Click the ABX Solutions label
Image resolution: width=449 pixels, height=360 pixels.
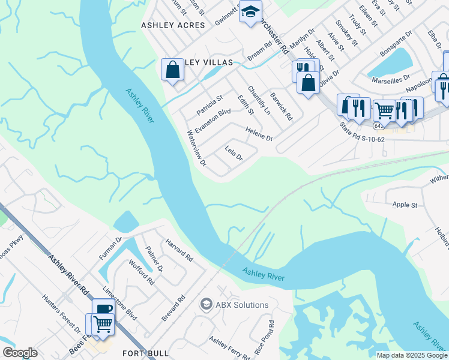pyautogui.click(x=242, y=305)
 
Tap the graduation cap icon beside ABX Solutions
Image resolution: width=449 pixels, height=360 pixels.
pyautogui.click(x=206, y=305)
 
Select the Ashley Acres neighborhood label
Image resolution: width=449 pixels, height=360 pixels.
pyautogui.click(x=173, y=25)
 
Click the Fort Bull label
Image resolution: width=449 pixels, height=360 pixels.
pyautogui.click(x=140, y=353)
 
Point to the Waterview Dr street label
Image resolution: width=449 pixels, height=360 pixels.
pyautogui.click(x=197, y=148)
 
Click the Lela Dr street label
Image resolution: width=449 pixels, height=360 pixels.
pyautogui.click(x=234, y=154)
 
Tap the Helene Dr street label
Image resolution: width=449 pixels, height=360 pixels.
pyautogui.click(x=259, y=133)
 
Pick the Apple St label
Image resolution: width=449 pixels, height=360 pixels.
pyautogui.click(x=405, y=205)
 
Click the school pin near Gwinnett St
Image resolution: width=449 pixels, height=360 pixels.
pyautogui.click(x=250, y=11)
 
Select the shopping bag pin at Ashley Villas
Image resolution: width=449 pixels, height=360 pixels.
pyautogui.click(x=172, y=69)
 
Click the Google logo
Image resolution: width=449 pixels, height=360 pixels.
pyautogui.click(x=20, y=353)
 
